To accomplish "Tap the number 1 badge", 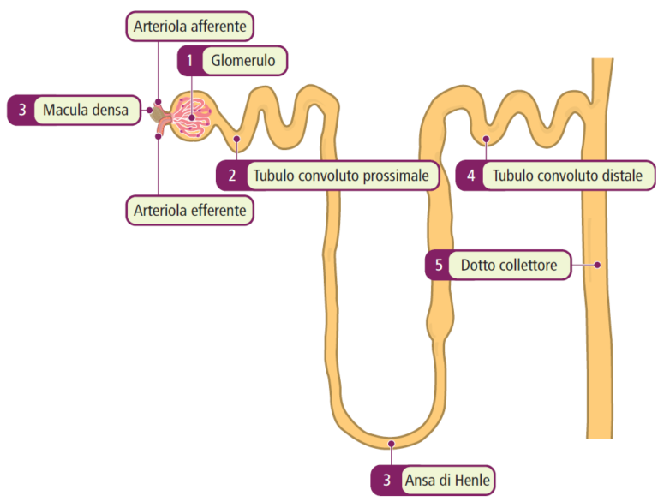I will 191,61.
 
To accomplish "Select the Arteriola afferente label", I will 190,27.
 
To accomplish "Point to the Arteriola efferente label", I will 190,209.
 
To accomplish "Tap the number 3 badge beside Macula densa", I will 21,110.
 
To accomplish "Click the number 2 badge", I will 231,176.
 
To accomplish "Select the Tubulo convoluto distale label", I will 568,176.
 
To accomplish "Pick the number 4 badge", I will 470,176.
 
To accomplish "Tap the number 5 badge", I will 439,266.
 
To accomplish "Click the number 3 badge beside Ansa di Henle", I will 386,481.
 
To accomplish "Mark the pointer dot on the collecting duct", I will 599,265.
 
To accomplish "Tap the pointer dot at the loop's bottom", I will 392,443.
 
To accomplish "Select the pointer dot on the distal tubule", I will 486,138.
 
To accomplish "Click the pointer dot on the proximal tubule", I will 237,138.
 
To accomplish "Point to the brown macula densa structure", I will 159,111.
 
